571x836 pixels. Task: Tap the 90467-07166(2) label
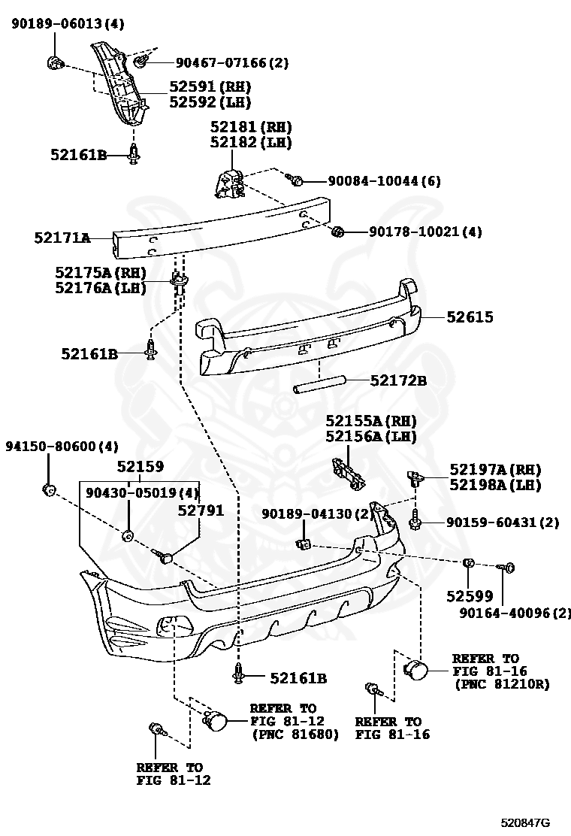pos(231,63)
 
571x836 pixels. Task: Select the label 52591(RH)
pos(210,87)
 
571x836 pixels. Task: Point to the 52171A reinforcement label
pos(62,238)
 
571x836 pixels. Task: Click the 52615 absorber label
pos(470,317)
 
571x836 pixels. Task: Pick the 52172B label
pos(398,381)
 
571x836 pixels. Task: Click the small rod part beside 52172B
pos(319,385)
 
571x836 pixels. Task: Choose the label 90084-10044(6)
pos(384,181)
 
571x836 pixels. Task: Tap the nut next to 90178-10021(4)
pos(337,232)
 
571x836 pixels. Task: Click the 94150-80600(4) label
pos(62,447)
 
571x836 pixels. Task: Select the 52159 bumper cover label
pos(140,467)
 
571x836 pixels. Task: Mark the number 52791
pos(201,510)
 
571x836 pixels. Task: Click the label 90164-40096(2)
pos(515,613)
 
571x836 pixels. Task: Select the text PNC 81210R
pos(502,685)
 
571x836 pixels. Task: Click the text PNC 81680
pos(295,734)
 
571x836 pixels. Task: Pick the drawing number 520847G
pos(526,822)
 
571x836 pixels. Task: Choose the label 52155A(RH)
pos(370,421)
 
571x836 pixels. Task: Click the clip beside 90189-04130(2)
pos(304,543)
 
